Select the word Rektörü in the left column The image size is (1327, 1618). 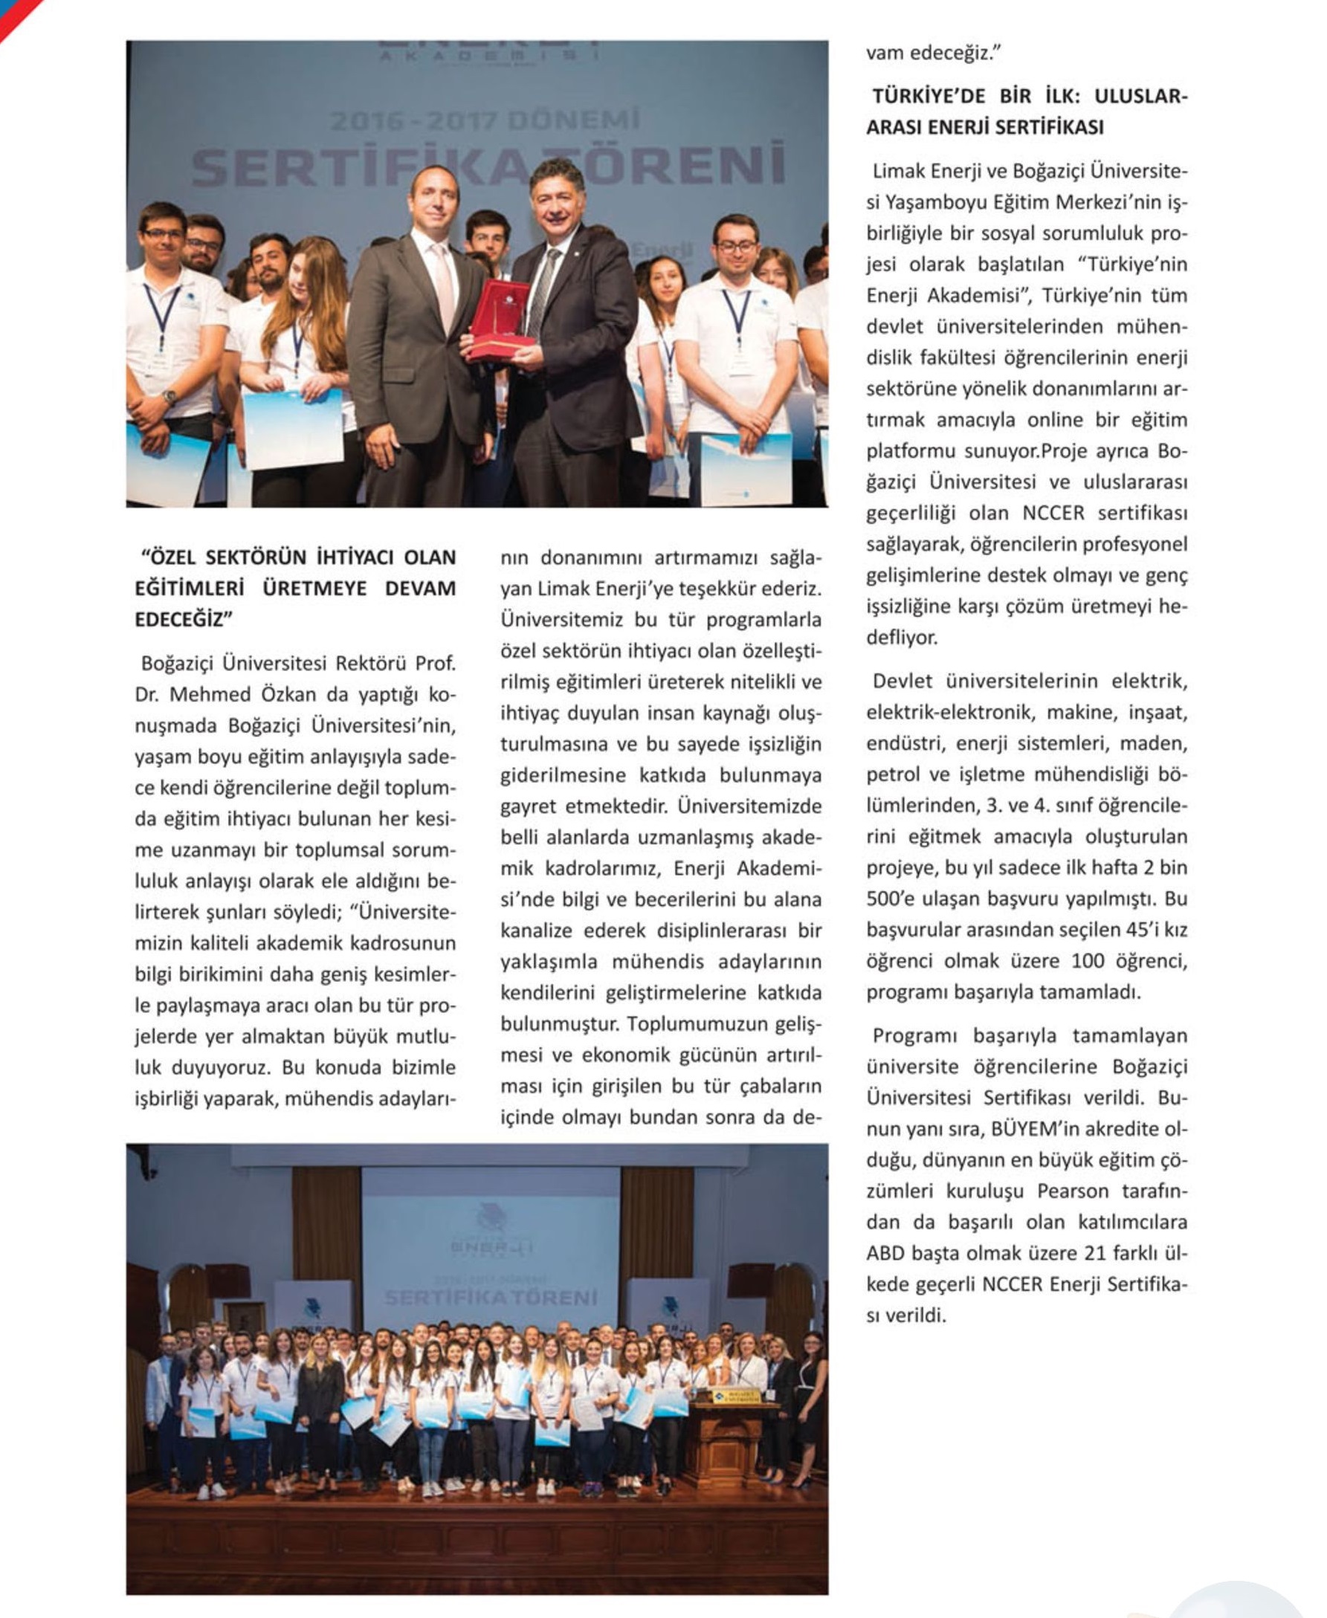coord(370,663)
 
